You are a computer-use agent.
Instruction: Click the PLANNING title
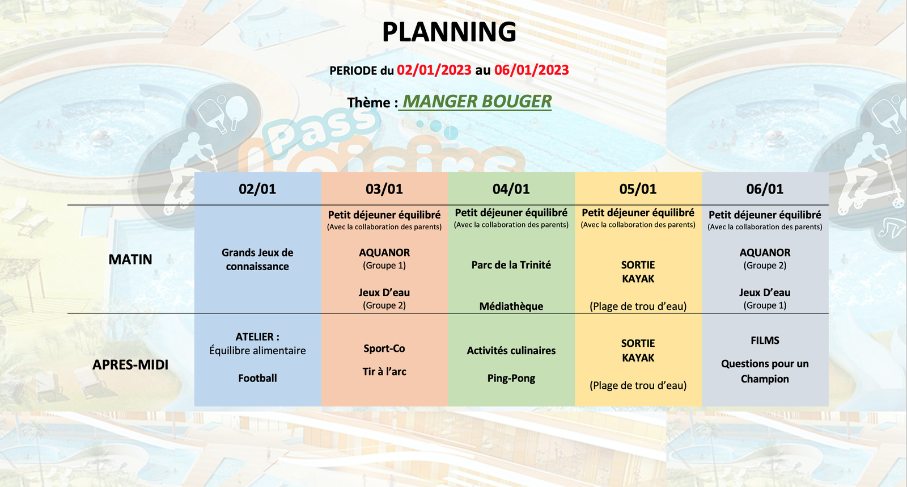[x=449, y=32]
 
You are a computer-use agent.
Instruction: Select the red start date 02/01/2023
[x=434, y=70]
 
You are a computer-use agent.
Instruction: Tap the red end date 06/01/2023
[x=531, y=70]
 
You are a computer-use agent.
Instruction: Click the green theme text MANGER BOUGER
[x=477, y=102]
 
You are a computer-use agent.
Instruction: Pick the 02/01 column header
[x=257, y=189]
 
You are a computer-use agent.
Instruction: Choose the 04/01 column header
[x=511, y=189]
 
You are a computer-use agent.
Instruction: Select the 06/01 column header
[x=765, y=189]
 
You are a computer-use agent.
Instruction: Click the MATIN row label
[x=130, y=259]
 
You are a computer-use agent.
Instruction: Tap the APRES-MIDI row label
[x=130, y=364]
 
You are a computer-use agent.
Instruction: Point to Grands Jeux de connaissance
[x=257, y=259]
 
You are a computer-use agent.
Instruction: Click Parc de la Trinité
[x=511, y=265]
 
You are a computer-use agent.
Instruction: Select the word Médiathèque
[x=511, y=306]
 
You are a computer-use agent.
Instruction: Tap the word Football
[x=257, y=378]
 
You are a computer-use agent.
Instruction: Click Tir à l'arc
[x=384, y=371]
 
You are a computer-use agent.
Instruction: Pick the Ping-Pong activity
[x=511, y=379]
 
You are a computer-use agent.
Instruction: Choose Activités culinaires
[x=511, y=350]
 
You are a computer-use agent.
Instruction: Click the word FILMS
[x=765, y=340]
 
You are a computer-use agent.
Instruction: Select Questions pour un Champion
[x=765, y=371]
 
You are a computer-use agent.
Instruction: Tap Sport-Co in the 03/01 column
[x=384, y=349]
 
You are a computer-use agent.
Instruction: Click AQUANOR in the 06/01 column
[x=765, y=253]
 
